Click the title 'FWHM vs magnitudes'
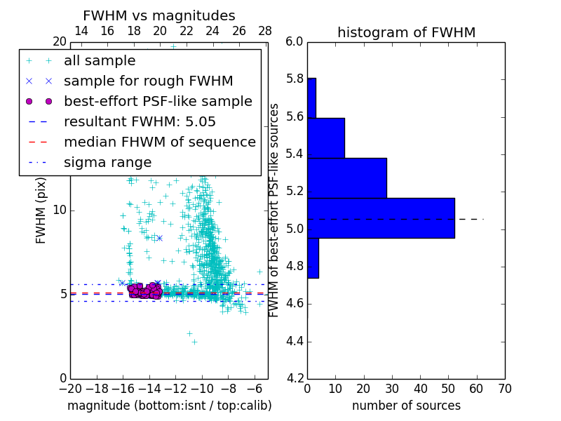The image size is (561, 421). pyautogui.click(x=159, y=16)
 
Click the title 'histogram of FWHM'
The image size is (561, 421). pyautogui.click(x=406, y=32)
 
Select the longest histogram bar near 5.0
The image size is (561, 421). pyautogui.click(x=381, y=218)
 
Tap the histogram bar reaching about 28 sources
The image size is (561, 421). pyautogui.click(x=347, y=178)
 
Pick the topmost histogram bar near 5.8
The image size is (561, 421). pyautogui.click(x=311, y=98)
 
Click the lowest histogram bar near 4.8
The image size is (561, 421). pyautogui.click(x=313, y=258)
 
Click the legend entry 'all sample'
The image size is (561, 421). pyautogui.click(x=100, y=61)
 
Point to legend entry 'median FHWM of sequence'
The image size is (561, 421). pyautogui.click(x=159, y=142)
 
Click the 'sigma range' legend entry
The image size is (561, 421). pyautogui.click(x=107, y=163)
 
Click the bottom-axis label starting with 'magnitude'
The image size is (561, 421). pyautogui.click(x=169, y=406)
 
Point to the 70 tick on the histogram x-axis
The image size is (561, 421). pyautogui.click(x=504, y=388)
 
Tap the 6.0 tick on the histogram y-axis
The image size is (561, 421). pyautogui.click(x=295, y=42)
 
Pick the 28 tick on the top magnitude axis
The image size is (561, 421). pyautogui.click(x=265, y=31)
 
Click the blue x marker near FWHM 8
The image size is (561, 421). pyautogui.click(x=159, y=238)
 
